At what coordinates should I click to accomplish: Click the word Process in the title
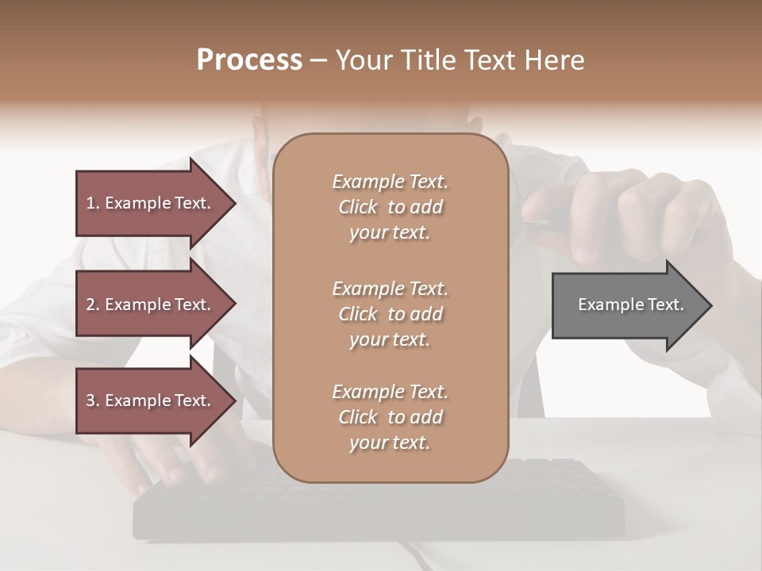pos(249,60)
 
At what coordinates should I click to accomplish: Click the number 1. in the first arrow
pos(93,203)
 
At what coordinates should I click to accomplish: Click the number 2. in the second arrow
pos(93,305)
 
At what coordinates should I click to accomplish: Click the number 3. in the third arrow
pos(93,400)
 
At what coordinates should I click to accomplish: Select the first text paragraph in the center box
pos(390,207)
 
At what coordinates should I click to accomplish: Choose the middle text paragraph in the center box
pos(390,314)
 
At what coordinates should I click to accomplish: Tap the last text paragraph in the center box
pos(390,417)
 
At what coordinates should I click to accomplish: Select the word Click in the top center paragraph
pos(358,207)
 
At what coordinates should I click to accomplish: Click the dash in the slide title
pos(319,60)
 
